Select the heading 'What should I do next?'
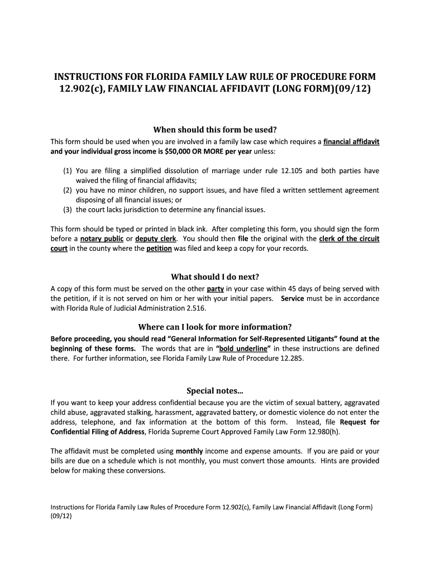[x=215, y=277]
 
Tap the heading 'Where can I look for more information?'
[x=215, y=327]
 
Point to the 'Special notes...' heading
[x=215, y=390]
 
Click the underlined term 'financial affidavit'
[x=351, y=142]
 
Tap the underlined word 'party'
[x=215, y=289]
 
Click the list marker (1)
[x=67, y=171]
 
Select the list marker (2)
[x=67, y=190]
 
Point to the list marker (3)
[x=67, y=210]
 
